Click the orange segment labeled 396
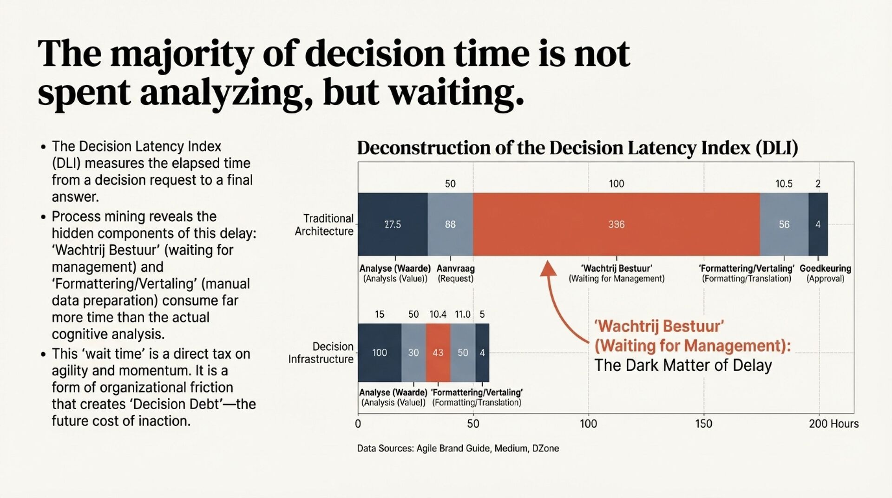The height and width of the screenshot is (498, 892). click(616, 224)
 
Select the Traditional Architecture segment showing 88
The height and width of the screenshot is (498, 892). click(450, 224)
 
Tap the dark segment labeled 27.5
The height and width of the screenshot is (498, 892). click(393, 224)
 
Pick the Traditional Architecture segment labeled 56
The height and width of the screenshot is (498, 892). click(784, 224)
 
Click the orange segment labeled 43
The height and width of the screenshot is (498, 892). click(438, 353)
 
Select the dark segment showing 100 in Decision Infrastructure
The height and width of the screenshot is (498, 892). click(379, 353)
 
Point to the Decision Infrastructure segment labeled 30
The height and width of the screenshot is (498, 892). click(413, 353)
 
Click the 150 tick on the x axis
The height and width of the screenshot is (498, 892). click(703, 424)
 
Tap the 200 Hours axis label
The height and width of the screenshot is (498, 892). click(833, 424)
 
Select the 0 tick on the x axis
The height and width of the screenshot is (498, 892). click(358, 424)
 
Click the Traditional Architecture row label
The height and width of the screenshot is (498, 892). click(324, 225)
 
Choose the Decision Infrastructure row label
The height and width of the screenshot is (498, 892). click(321, 353)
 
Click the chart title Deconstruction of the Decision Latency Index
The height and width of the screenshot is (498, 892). click(577, 148)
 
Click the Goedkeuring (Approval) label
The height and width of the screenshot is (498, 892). click(825, 273)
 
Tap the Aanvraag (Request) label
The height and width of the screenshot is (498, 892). click(455, 273)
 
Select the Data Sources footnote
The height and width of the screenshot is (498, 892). click(458, 448)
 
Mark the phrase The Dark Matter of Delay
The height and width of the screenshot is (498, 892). click(683, 365)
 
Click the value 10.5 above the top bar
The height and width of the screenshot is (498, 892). click(784, 184)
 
